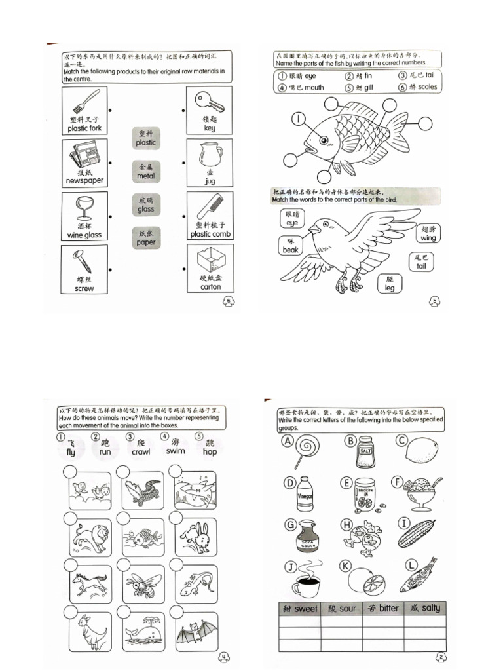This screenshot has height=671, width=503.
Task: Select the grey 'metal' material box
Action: point(146,172)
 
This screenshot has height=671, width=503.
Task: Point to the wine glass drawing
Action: point(84,207)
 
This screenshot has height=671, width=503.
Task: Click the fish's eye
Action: point(324,140)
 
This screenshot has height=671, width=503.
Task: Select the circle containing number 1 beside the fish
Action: point(299,119)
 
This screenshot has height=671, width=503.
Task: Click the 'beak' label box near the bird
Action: point(290,246)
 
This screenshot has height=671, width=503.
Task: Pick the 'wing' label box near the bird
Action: point(428,233)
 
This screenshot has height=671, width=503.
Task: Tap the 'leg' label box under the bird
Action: point(390,283)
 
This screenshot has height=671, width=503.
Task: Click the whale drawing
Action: point(140,632)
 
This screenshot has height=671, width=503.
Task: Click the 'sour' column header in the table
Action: point(341,608)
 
